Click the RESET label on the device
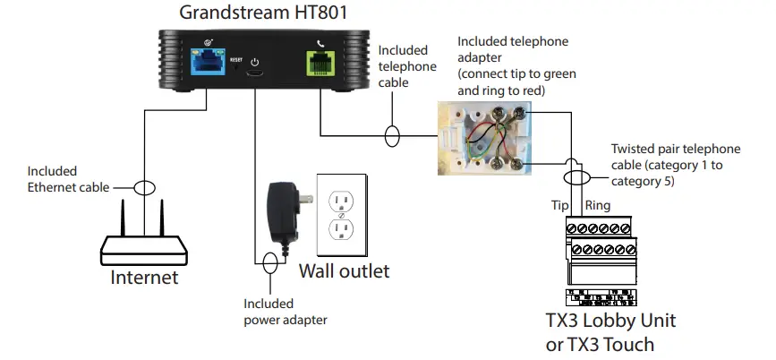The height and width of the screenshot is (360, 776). [x=236, y=60]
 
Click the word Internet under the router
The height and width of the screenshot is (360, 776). [x=144, y=278]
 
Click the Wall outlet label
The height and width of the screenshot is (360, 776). [x=345, y=270]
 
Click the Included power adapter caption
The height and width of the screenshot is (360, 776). [x=286, y=312]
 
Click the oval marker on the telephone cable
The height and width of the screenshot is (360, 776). [x=392, y=137]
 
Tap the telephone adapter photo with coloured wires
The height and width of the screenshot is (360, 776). [x=488, y=134]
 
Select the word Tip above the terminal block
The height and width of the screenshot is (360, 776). [x=561, y=205]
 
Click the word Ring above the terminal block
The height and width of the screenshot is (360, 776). [x=597, y=205]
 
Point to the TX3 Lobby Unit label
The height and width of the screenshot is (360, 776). [x=610, y=321]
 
